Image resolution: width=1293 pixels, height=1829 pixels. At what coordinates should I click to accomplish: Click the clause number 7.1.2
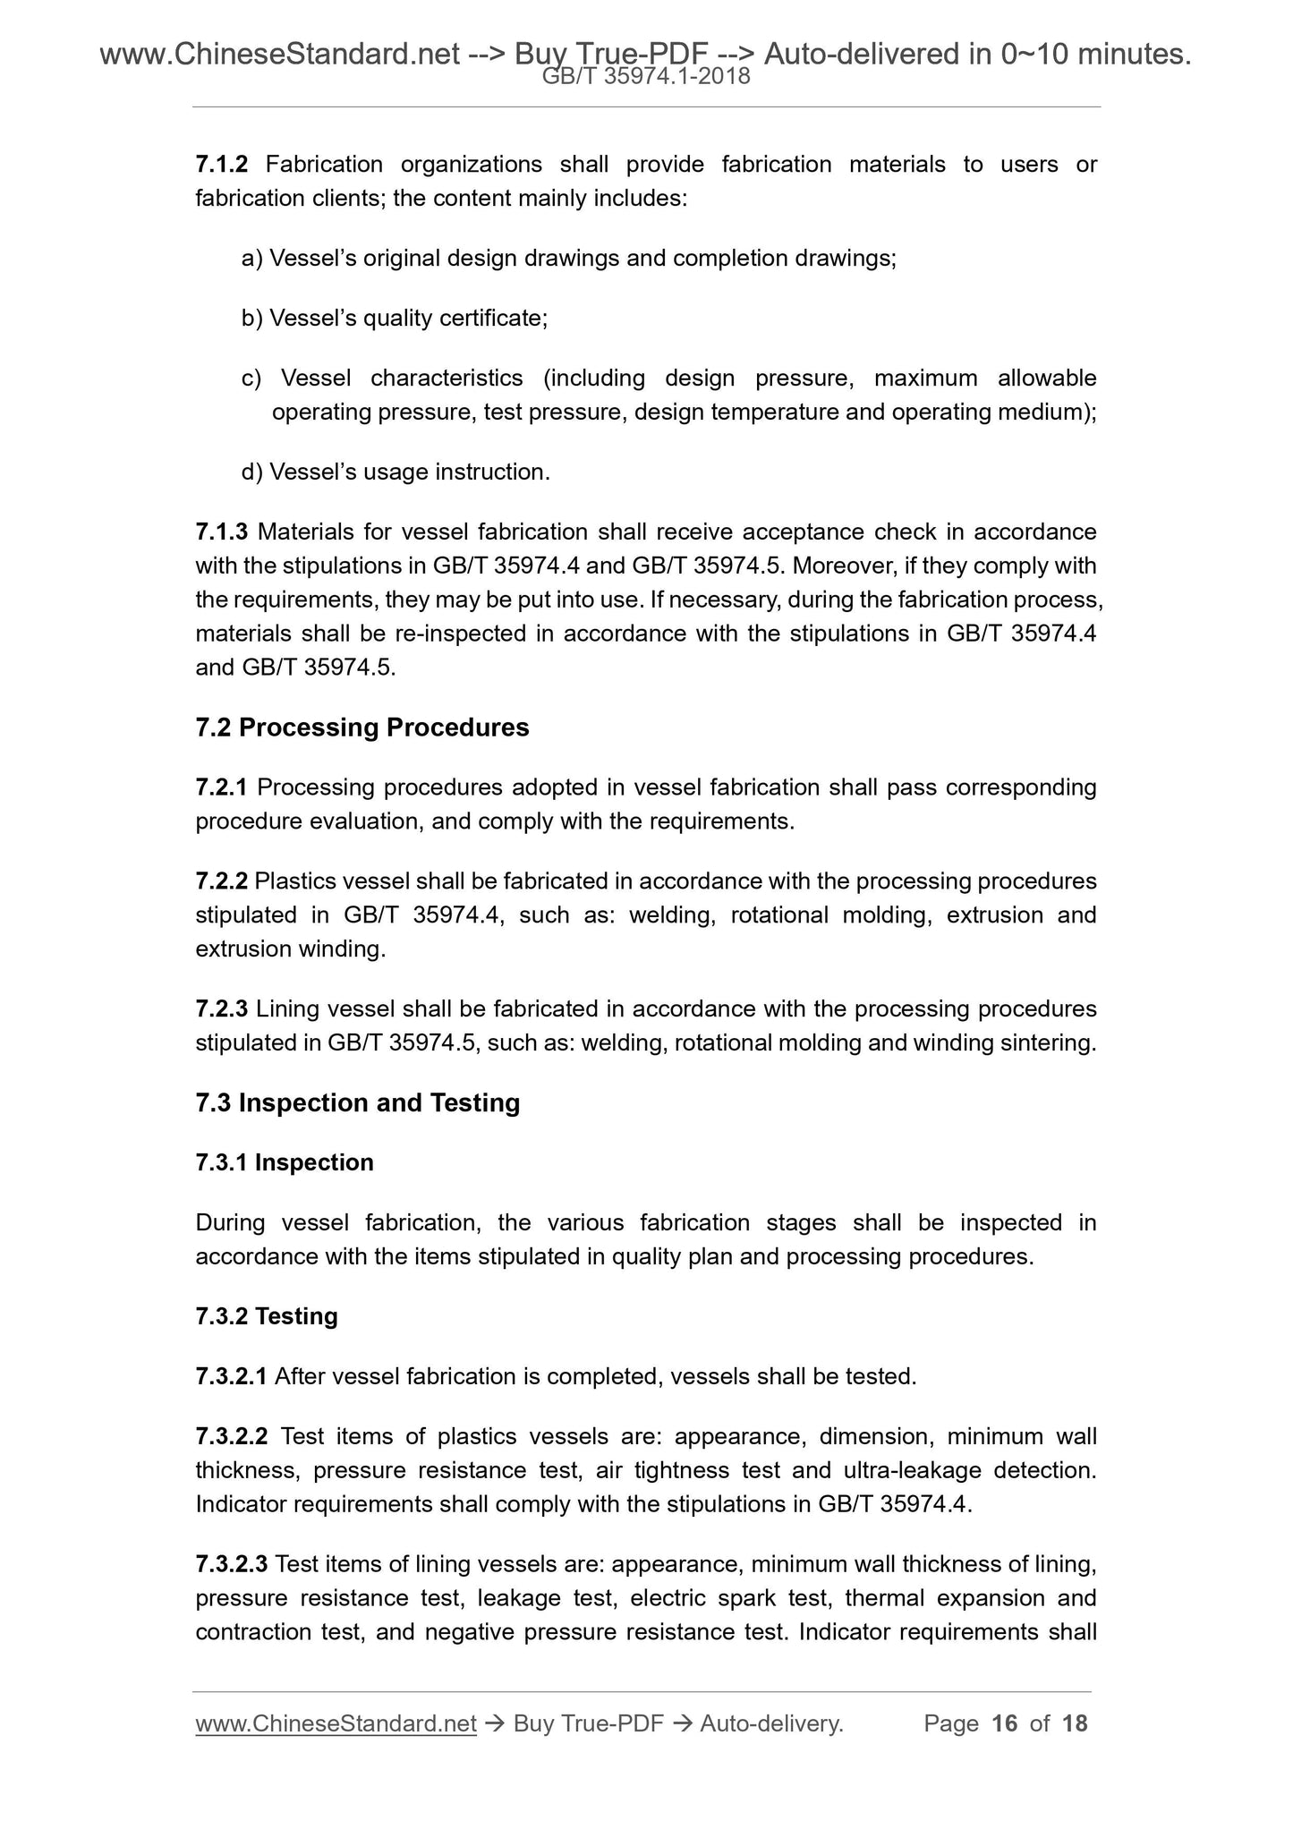pos(221,165)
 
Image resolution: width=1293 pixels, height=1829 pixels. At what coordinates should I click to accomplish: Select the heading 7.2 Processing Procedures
pos(362,727)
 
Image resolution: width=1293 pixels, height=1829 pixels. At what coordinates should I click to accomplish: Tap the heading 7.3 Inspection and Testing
pos(357,1102)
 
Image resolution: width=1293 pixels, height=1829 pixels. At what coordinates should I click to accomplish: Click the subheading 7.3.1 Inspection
pos(285,1162)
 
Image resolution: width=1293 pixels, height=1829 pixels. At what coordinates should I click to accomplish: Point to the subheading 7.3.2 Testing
pos(267,1316)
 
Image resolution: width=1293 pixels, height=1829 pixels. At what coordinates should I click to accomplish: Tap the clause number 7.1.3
pos(221,532)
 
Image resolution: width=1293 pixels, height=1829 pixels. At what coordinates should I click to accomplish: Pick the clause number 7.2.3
pos(221,1009)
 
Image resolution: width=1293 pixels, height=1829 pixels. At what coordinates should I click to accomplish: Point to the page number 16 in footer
pos(1005,1723)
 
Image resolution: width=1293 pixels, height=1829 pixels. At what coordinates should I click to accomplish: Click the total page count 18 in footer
pos(1075,1723)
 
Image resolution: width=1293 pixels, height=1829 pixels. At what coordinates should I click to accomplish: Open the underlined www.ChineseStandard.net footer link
pos(336,1723)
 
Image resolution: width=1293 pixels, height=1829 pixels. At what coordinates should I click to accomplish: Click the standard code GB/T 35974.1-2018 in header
pos(646,78)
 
